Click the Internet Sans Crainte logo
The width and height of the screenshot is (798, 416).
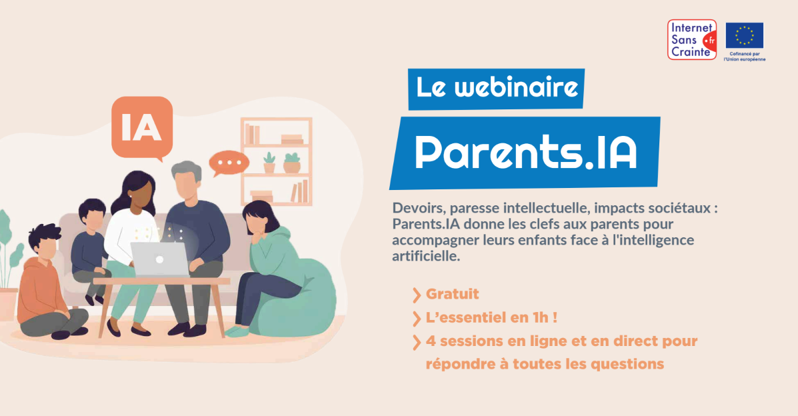click(x=692, y=39)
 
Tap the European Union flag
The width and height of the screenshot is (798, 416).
click(x=744, y=35)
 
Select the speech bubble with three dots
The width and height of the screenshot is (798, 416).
click(x=229, y=163)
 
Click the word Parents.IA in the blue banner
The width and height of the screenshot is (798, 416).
click(x=525, y=153)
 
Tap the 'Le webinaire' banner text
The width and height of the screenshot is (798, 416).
click(x=496, y=89)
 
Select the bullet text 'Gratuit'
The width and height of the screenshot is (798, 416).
click(x=452, y=294)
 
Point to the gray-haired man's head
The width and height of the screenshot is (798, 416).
click(x=185, y=180)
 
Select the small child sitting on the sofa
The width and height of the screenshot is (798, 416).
click(x=90, y=247)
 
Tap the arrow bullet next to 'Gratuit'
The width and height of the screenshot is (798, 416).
click(x=417, y=294)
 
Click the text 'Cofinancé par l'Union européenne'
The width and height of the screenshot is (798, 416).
click(x=744, y=57)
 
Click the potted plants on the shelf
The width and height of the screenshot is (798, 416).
click(x=281, y=163)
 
